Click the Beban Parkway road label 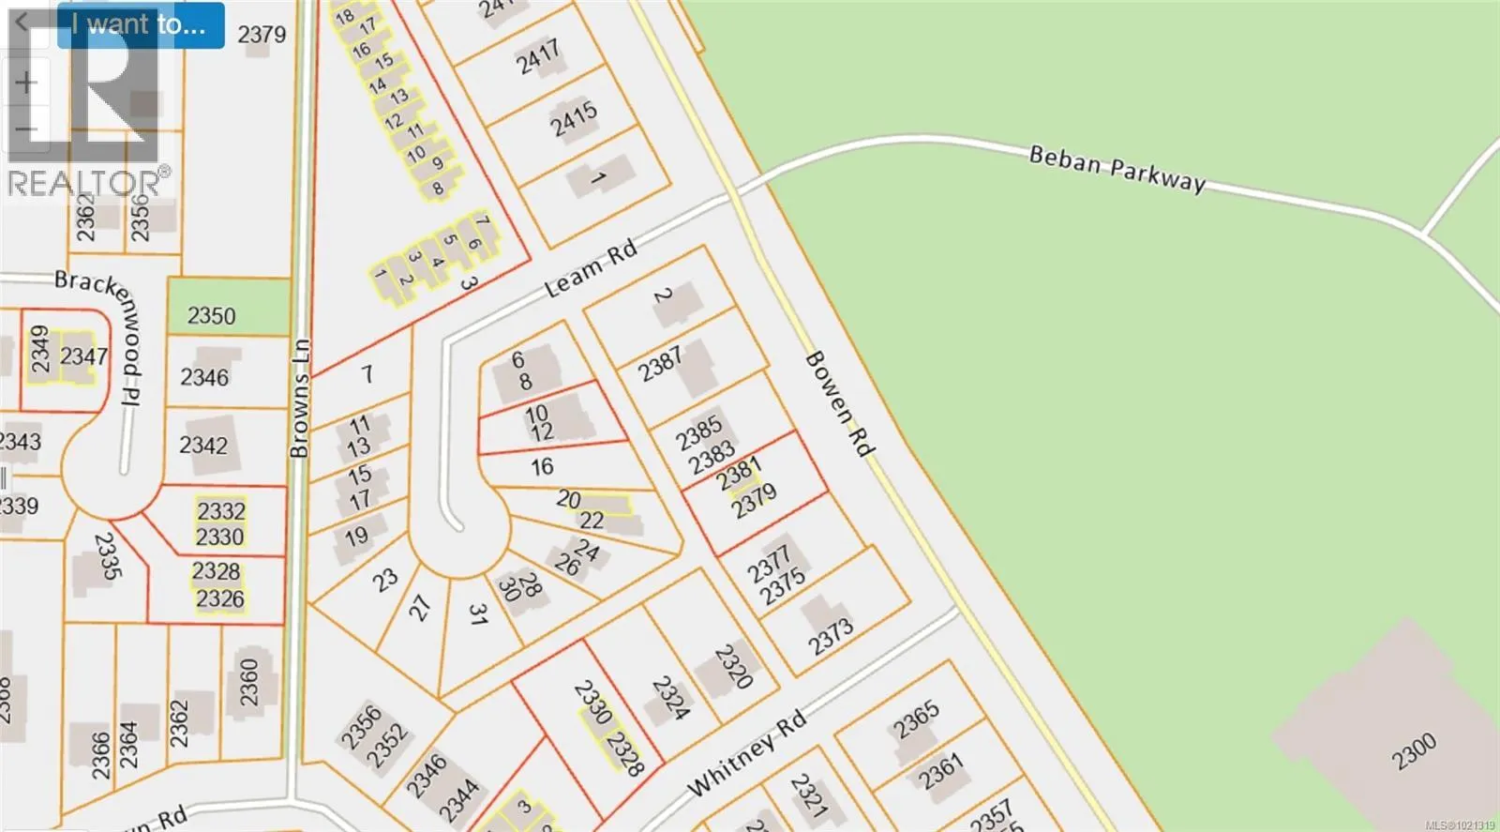coord(1117,169)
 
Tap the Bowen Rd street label coord(840,404)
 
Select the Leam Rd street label coord(592,269)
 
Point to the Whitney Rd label coord(746,754)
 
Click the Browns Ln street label coord(299,398)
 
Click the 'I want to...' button coord(140,25)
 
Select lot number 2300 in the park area coord(1413,752)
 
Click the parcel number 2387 coord(661,363)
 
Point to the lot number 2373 coord(832,637)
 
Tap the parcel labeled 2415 coord(574,120)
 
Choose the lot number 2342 coord(203,445)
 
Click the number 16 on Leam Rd coord(542,467)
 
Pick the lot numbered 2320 coord(733,666)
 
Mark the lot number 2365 coord(916,719)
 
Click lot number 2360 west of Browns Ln coord(248,683)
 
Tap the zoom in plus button coord(25,83)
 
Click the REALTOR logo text coord(84,183)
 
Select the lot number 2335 coord(109,556)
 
